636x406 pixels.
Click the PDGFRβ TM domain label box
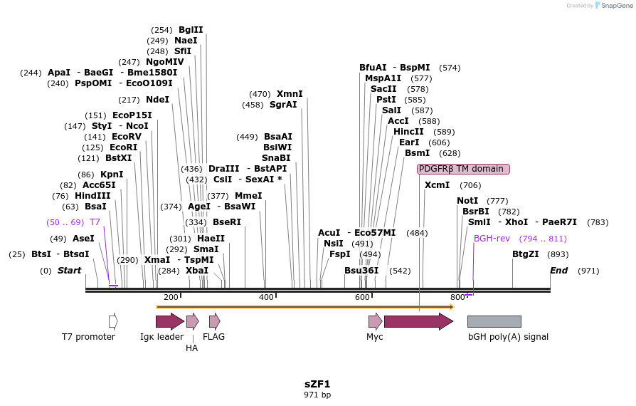[x=463, y=169]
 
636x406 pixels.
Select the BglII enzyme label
[x=191, y=30]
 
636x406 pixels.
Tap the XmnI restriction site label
[x=290, y=94]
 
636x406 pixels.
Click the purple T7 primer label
[x=95, y=222]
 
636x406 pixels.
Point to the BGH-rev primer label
[x=492, y=239]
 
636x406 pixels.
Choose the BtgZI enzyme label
[x=526, y=254]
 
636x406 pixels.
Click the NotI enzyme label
[x=467, y=201]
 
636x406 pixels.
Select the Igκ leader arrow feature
[x=169, y=321]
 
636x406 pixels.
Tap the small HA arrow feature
[x=192, y=321]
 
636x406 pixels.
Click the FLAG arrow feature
[x=214, y=321]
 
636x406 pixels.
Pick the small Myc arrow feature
[x=375, y=321]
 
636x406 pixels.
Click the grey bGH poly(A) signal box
[x=494, y=321]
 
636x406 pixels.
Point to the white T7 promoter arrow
[x=113, y=321]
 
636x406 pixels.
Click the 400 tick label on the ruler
[x=266, y=297]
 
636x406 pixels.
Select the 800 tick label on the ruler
[x=457, y=297]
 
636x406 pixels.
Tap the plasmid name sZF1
[x=317, y=383]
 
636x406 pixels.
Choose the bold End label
[x=559, y=271]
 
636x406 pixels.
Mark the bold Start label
[x=69, y=271]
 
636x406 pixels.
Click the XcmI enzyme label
[x=437, y=185]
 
